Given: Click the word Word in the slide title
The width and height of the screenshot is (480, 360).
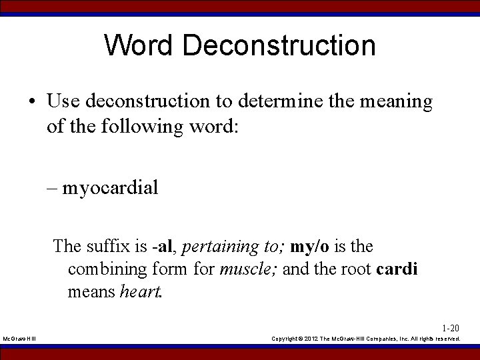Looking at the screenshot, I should point(138,46).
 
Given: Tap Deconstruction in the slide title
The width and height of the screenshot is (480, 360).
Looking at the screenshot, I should point(278,46).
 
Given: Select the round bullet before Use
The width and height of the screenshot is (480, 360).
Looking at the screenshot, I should point(32,102).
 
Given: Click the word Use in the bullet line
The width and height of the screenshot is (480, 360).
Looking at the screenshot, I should point(64,101).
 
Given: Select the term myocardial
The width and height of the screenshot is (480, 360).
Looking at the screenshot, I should point(111,188).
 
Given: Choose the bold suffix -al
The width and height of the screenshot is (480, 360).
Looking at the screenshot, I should point(164,246).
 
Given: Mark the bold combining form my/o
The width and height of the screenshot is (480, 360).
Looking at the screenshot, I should point(309,246).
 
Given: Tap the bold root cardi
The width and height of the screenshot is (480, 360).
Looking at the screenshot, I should point(397,269).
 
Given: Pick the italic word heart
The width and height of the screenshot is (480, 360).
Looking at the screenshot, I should point(141,292).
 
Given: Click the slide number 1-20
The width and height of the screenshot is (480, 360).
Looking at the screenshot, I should point(451,328).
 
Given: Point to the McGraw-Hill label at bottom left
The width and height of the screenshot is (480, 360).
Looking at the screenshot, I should point(20,339).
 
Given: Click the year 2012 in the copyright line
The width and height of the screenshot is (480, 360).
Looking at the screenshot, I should point(312,339).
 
